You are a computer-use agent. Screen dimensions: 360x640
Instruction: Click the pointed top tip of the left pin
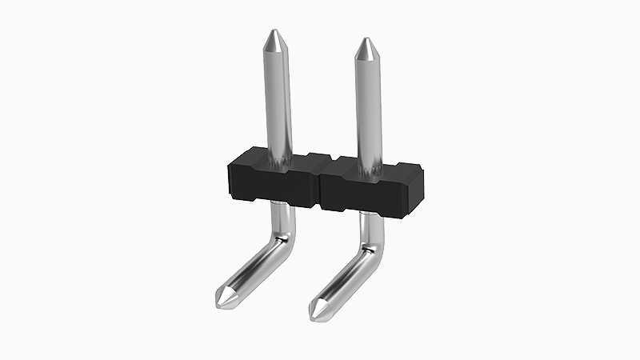pyautogui.click(x=274, y=34)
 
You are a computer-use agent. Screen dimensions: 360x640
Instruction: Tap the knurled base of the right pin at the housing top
pyautogui.click(x=370, y=166)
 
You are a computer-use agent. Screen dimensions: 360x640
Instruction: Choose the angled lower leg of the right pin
pyautogui.click(x=348, y=276)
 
